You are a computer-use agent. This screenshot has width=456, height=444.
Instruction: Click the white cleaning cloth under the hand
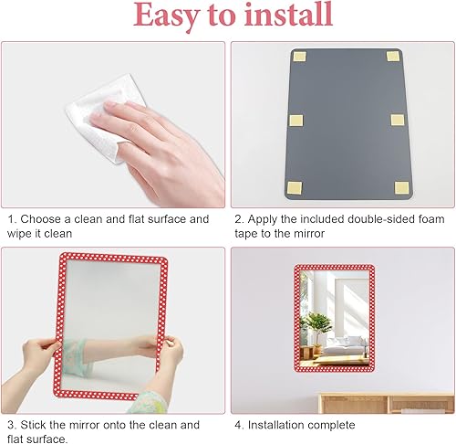103,119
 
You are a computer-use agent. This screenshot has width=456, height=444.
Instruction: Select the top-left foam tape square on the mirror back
299,57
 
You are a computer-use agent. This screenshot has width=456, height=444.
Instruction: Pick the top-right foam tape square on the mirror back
393,56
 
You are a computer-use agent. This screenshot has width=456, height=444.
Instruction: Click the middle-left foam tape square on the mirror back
295,121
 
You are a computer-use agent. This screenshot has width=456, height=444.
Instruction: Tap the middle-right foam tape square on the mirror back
398,120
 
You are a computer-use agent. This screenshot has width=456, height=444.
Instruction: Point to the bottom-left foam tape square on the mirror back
295,187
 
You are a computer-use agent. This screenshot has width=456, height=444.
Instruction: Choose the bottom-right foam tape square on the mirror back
401,187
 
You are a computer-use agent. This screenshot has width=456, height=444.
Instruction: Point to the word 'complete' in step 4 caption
332,426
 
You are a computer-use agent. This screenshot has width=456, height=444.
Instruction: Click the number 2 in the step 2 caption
238,219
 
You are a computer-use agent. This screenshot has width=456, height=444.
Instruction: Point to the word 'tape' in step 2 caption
246,234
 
